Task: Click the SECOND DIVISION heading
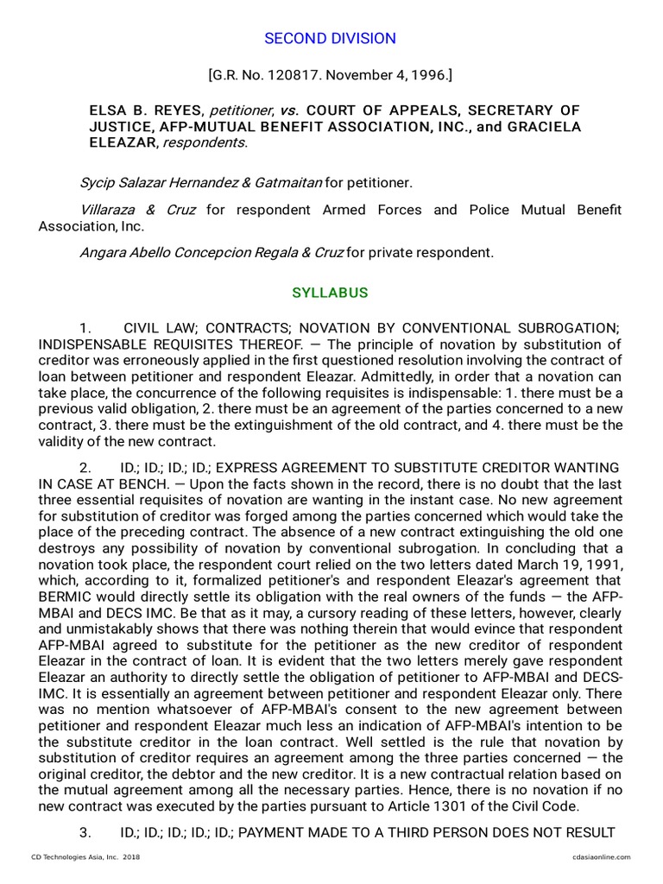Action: [x=330, y=39]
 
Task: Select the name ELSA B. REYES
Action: [x=146, y=110]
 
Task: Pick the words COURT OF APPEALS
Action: [x=373, y=110]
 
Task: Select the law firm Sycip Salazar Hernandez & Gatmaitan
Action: [x=200, y=183]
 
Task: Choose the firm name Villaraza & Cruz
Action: [x=137, y=210]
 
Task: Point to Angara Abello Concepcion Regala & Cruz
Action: [x=212, y=253]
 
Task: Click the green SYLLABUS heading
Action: [x=330, y=293]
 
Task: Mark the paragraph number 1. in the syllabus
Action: [x=85, y=328]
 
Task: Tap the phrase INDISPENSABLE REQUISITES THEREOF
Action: [x=147, y=344]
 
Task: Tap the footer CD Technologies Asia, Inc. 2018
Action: [x=85, y=856]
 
